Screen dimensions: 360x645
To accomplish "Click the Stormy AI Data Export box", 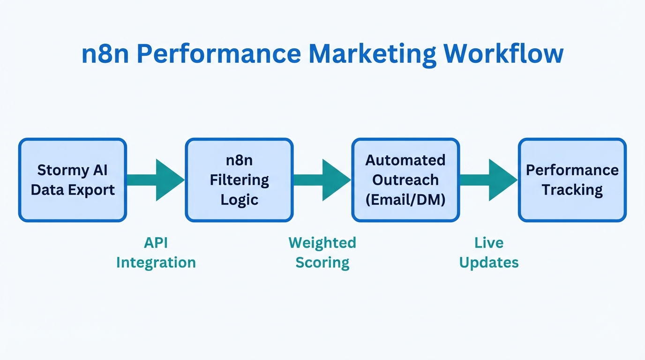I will click(73, 180).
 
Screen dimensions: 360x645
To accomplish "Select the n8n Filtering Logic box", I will click(239, 180).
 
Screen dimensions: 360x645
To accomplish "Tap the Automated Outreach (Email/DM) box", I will click(405, 180).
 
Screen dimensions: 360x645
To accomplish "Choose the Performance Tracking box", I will click(572, 180).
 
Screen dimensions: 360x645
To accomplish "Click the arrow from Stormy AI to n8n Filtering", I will click(157, 180).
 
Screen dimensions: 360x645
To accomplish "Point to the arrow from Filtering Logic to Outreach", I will click(323, 180).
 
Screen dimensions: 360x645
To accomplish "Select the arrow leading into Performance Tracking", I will click(490, 180).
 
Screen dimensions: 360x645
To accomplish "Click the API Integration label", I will click(156, 253).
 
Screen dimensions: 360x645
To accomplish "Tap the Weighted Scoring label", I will click(322, 253).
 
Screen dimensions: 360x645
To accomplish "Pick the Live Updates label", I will click(489, 253).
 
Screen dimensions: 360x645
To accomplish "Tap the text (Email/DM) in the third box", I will click(405, 200).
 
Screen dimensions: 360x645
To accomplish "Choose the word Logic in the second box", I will click(240, 200).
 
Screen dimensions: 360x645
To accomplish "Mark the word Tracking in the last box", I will click(572, 190).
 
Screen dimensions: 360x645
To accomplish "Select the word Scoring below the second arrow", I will click(322, 262).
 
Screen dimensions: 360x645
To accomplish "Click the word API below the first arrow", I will click(156, 243).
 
